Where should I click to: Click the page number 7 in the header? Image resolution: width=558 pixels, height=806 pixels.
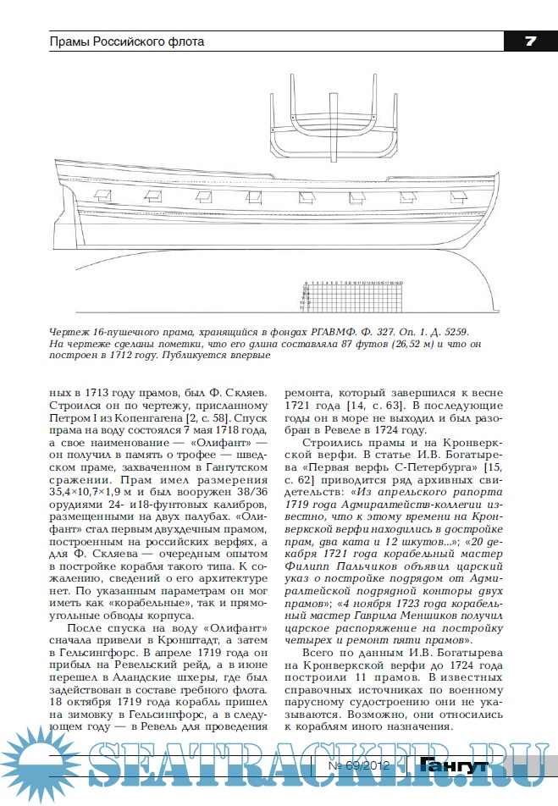click(529, 41)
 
